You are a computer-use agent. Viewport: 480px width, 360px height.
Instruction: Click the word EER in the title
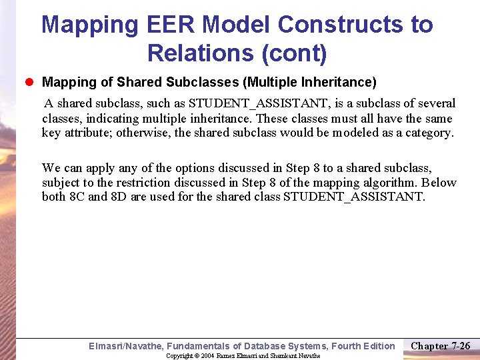[179, 25]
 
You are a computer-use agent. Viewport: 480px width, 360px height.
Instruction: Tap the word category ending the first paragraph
[427, 133]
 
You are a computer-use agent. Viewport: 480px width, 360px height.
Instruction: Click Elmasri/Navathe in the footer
[125, 346]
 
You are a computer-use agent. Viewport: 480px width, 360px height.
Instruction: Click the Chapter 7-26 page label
[440, 345]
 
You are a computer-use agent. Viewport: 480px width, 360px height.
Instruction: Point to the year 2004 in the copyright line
[207, 355]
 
